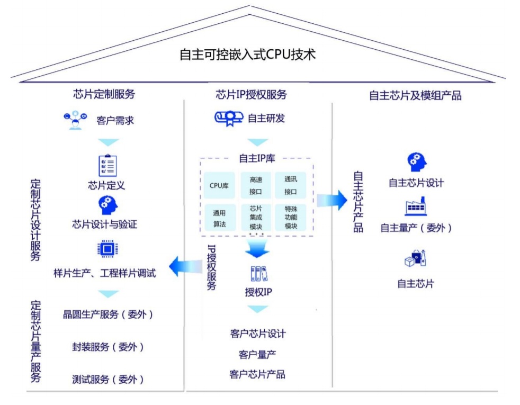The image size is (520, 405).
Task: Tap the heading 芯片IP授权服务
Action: point(251,95)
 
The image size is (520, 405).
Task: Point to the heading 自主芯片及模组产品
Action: point(415,95)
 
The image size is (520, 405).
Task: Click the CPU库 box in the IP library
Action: point(219,185)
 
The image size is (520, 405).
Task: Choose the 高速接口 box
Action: point(256,185)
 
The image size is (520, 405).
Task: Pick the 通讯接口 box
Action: point(291,185)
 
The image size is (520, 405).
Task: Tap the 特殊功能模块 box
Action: point(291,218)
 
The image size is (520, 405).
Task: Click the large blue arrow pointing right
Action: point(331,201)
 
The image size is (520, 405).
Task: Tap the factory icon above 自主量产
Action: point(416,207)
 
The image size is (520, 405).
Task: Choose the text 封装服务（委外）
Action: point(108,347)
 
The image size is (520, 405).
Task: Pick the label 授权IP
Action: point(259,293)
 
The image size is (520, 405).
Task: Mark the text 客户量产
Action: point(257,354)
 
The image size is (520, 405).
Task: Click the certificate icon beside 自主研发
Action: point(229,119)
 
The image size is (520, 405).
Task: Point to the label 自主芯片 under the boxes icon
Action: point(416,284)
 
